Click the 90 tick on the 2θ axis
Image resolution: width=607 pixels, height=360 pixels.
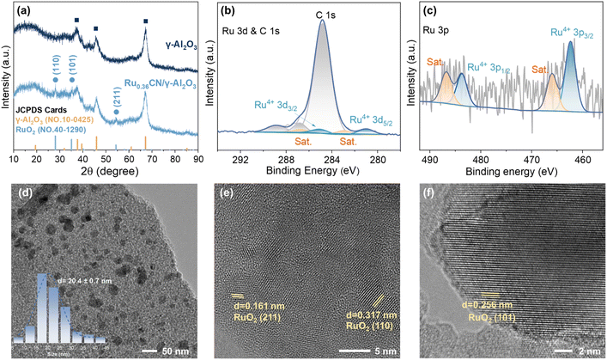197,159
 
